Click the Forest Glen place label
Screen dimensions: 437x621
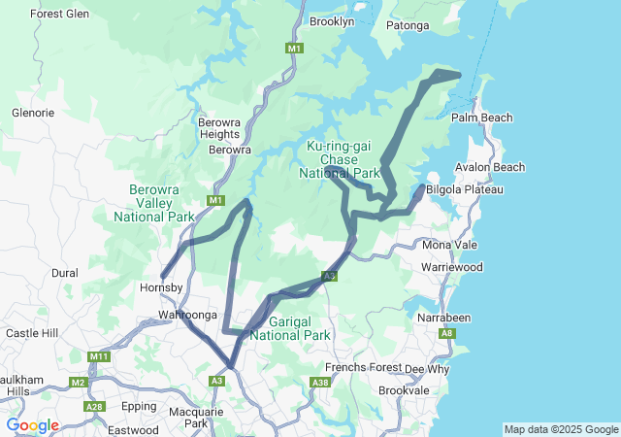(59, 14)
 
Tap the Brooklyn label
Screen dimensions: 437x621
(332, 20)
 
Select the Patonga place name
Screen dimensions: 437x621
(408, 25)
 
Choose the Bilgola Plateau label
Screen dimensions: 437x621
(464, 189)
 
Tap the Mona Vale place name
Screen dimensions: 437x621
(449, 245)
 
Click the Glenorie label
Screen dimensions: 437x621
(32, 113)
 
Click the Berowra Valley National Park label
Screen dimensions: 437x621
(154, 203)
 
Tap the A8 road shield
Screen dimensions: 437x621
(446, 334)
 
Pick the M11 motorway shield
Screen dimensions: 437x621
(99, 357)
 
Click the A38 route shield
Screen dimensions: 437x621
(320, 383)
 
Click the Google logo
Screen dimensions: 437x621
(32, 425)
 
